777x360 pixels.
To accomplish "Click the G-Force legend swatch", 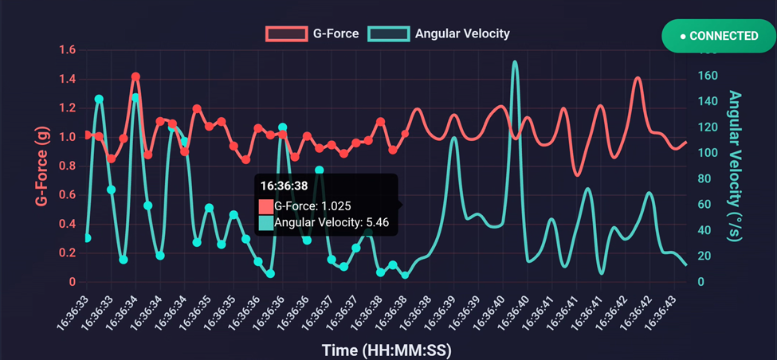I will coord(286,34).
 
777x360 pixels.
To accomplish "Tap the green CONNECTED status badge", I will coord(719,36).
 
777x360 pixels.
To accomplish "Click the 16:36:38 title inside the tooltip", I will coord(284,186).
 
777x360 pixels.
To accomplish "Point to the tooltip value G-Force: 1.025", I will coord(312,205).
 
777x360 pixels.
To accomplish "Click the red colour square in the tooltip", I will coord(266,205).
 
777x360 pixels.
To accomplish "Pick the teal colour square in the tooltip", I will coord(266,223).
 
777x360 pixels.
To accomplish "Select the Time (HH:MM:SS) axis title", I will coord(387,350).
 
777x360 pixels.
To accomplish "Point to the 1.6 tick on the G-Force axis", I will coord(67,50).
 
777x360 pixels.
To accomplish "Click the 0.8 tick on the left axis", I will coord(67,166).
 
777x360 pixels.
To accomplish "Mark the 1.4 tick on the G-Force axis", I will coord(67,79).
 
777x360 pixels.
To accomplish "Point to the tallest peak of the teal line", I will coord(515,61).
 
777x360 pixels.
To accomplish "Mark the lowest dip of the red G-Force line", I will coord(577,174).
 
